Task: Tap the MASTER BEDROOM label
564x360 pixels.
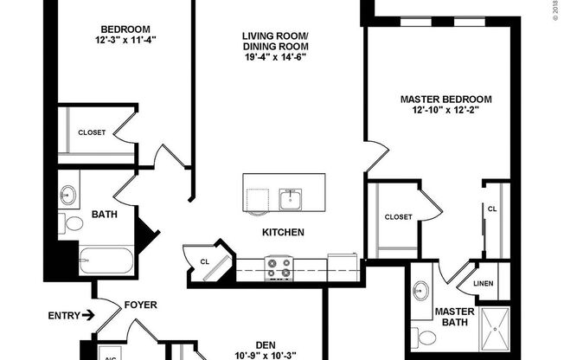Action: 445,100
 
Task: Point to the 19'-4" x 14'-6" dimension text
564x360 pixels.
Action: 275,57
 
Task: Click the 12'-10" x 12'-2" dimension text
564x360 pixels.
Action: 445,111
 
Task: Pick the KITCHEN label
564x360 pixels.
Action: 283,232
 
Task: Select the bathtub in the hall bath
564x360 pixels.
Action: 105,260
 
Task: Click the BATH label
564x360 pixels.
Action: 105,214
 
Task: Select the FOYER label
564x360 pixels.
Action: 140,304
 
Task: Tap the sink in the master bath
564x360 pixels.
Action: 423,289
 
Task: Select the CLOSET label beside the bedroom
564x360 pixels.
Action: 92,132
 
